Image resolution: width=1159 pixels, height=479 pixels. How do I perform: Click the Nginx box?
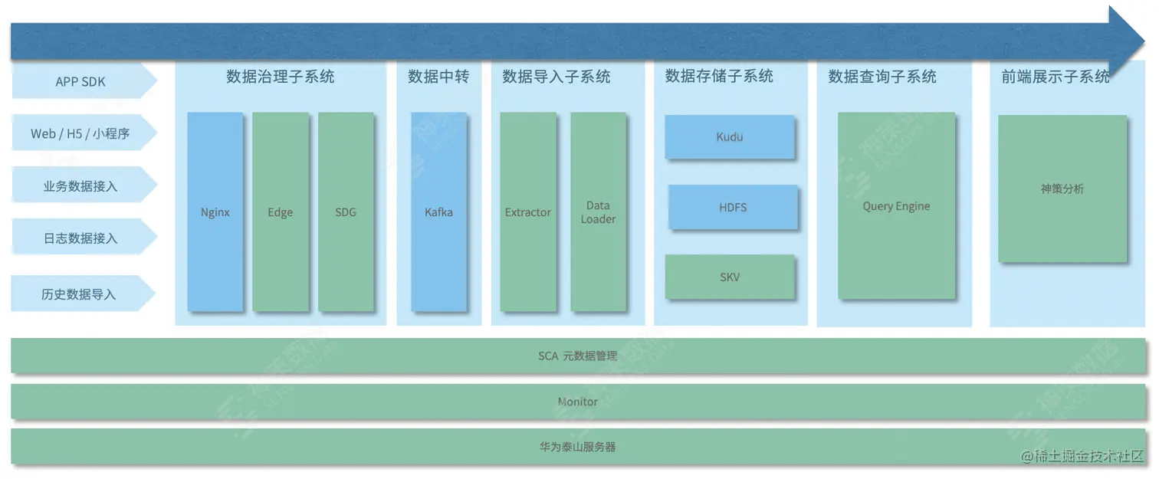(215, 212)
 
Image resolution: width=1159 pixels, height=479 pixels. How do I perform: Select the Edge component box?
(281, 212)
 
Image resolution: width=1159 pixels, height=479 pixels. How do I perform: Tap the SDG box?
(346, 212)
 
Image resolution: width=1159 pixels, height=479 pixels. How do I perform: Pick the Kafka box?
(438, 212)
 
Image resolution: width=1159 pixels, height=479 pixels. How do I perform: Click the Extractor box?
(528, 212)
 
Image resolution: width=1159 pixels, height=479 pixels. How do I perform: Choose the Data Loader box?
(598, 212)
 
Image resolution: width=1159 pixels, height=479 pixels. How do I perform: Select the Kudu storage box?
(729, 137)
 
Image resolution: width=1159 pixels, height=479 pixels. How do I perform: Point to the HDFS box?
(733, 207)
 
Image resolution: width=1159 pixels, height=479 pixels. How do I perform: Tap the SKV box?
(730, 277)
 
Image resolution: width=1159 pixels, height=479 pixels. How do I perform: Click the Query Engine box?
(896, 206)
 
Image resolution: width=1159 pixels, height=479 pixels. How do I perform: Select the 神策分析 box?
(1062, 189)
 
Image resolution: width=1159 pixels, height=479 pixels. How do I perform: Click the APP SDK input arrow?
(81, 81)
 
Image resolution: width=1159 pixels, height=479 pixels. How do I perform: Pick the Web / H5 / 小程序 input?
(81, 133)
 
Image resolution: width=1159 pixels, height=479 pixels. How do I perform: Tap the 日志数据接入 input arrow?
(81, 238)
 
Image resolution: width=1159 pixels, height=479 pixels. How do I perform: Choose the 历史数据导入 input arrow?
(80, 294)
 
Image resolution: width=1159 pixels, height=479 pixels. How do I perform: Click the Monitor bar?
(578, 402)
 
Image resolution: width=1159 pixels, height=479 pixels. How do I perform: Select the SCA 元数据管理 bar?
(578, 356)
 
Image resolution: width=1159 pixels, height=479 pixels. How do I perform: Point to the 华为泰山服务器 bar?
(578, 446)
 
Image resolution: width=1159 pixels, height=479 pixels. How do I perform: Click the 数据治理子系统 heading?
(281, 77)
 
